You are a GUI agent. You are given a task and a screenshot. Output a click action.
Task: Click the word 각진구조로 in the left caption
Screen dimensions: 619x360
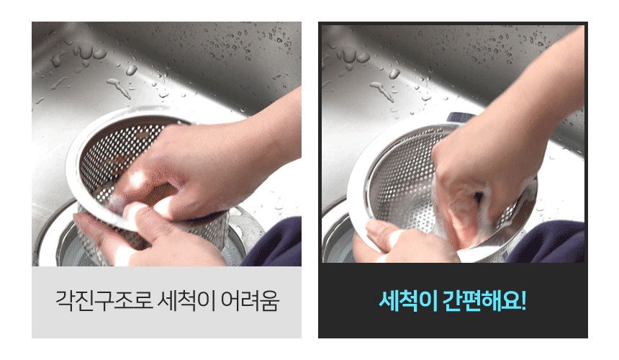click(104, 301)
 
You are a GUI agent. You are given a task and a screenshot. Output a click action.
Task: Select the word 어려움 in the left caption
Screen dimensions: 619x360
click(250, 301)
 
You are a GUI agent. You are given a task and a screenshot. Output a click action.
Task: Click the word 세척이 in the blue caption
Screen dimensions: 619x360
click(408, 301)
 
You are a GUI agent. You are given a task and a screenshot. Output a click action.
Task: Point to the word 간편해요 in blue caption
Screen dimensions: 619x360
click(482, 301)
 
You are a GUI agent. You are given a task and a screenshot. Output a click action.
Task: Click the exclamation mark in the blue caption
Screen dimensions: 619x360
click(523, 301)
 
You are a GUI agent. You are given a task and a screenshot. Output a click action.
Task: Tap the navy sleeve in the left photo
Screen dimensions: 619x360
click(274, 242)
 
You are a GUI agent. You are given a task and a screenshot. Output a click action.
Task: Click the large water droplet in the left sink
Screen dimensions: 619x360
click(132, 71)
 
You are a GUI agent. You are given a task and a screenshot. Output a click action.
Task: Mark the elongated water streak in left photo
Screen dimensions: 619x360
click(119, 88)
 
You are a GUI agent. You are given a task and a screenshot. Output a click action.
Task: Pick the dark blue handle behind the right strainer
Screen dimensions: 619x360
click(460, 117)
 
